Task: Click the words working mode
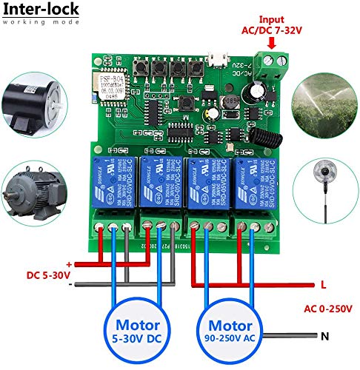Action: point(37,22)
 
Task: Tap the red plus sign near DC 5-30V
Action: point(69,264)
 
